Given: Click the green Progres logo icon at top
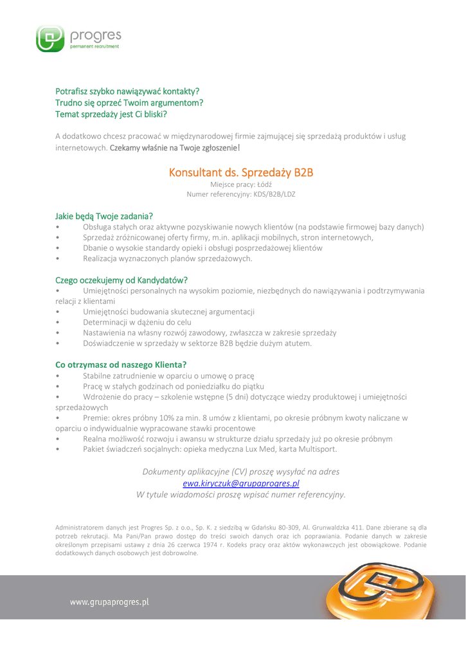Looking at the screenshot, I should [x=49, y=39].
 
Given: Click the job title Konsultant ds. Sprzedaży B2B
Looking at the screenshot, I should [x=241, y=172].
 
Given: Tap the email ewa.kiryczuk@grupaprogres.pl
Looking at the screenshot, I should [x=241, y=483].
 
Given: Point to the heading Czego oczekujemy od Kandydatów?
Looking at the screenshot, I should [x=121, y=280].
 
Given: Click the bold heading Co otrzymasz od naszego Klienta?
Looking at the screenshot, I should [x=121, y=364].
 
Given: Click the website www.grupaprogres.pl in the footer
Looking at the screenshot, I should [x=109, y=602].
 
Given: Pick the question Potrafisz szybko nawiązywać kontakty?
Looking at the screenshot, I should [x=127, y=91].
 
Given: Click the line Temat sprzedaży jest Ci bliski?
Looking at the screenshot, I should [x=111, y=114].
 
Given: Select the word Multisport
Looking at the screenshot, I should [x=317, y=449].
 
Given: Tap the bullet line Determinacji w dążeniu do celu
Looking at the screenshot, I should [x=137, y=321].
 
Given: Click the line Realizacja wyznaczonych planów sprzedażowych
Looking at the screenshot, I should [x=168, y=258].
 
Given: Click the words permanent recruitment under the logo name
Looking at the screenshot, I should [x=94, y=46].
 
